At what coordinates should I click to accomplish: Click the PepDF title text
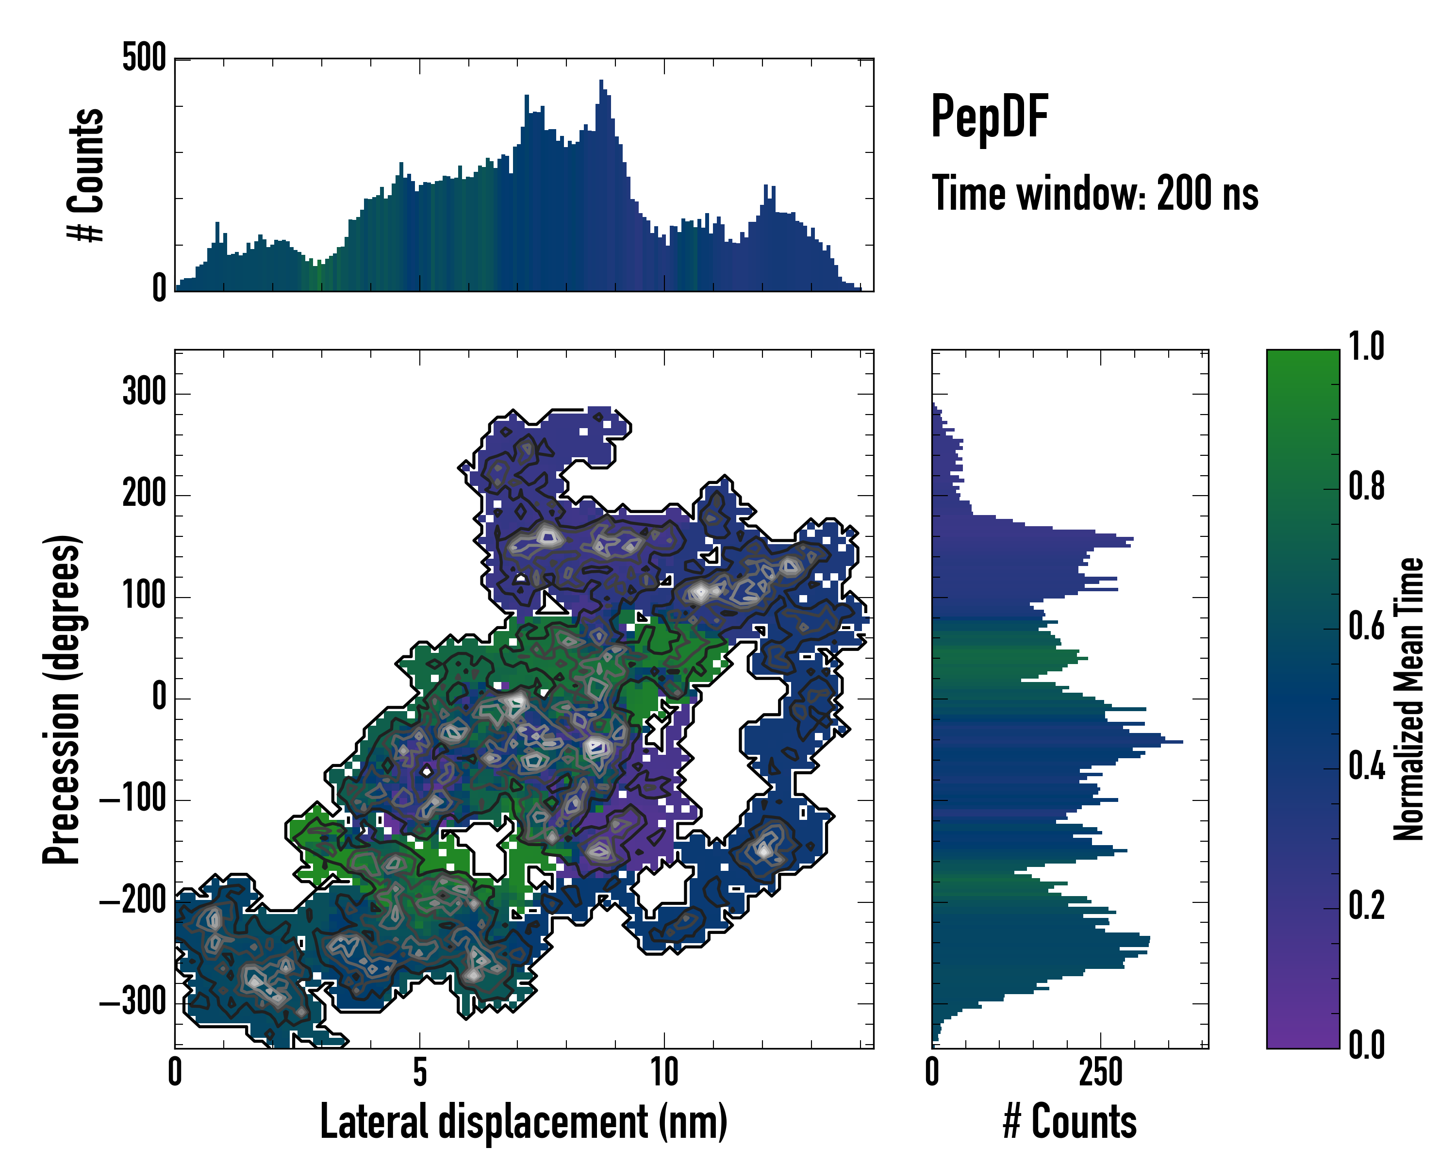[989, 117]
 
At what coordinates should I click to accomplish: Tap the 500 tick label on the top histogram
[144, 58]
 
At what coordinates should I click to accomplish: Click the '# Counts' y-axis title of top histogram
[86, 175]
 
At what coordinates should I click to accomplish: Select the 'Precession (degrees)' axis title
[62, 699]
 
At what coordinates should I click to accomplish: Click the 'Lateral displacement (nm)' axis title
[523, 1122]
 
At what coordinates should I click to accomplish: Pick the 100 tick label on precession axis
[144, 597]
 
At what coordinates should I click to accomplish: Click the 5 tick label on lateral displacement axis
[420, 1072]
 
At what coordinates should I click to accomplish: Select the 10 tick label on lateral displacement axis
[664, 1072]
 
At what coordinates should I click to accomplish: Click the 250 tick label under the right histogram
[1100, 1072]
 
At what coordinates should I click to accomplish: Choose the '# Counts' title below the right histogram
[1070, 1122]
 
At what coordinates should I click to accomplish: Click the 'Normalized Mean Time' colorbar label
[1409, 699]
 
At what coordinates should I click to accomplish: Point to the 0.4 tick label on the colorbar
[1366, 767]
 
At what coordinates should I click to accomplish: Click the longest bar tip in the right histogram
[1182, 742]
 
